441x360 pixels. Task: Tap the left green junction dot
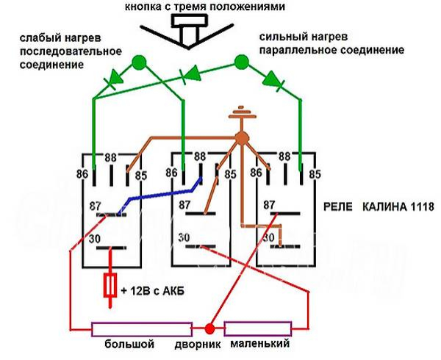[x=137, y=61]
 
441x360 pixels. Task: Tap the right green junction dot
[x=240, y=61]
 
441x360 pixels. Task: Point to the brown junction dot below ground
[x=240, y=137]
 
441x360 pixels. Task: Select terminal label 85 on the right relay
[x=315, y=174]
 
